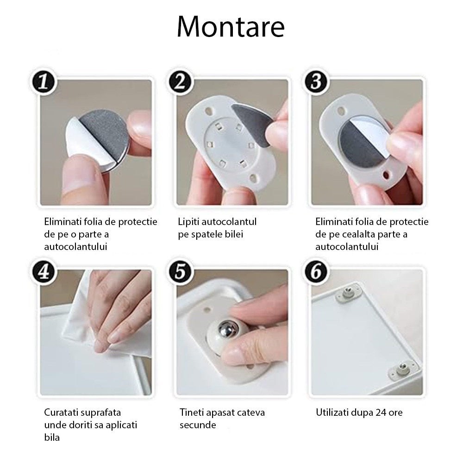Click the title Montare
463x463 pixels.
[x=231, y=27]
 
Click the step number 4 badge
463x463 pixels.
[x=44, y=273]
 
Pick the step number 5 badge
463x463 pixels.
[x=180, y=273]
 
